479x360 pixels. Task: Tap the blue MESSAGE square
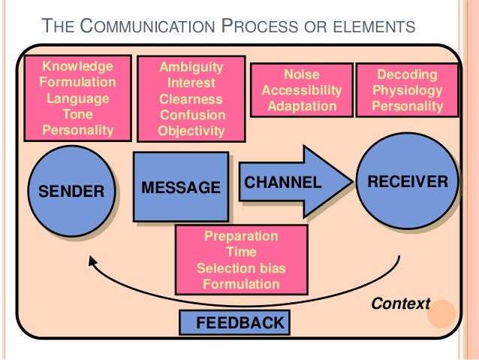[180, 186]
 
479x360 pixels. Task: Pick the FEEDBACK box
[233, 323]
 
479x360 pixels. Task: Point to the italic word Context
[400, 304]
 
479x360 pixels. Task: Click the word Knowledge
[77, 66]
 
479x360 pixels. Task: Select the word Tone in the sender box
[77, 114]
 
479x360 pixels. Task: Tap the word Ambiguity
[191, 67]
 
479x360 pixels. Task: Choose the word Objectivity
[191, 131]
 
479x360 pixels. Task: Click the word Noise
[301, 74]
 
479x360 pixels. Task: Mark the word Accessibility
[301, 90]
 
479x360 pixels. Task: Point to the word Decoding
[408, 74]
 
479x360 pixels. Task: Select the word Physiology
[408, 90]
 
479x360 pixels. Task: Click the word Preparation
[241, 236]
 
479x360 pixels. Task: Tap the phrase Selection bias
[241, 268]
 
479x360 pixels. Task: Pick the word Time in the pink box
[241, 253]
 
